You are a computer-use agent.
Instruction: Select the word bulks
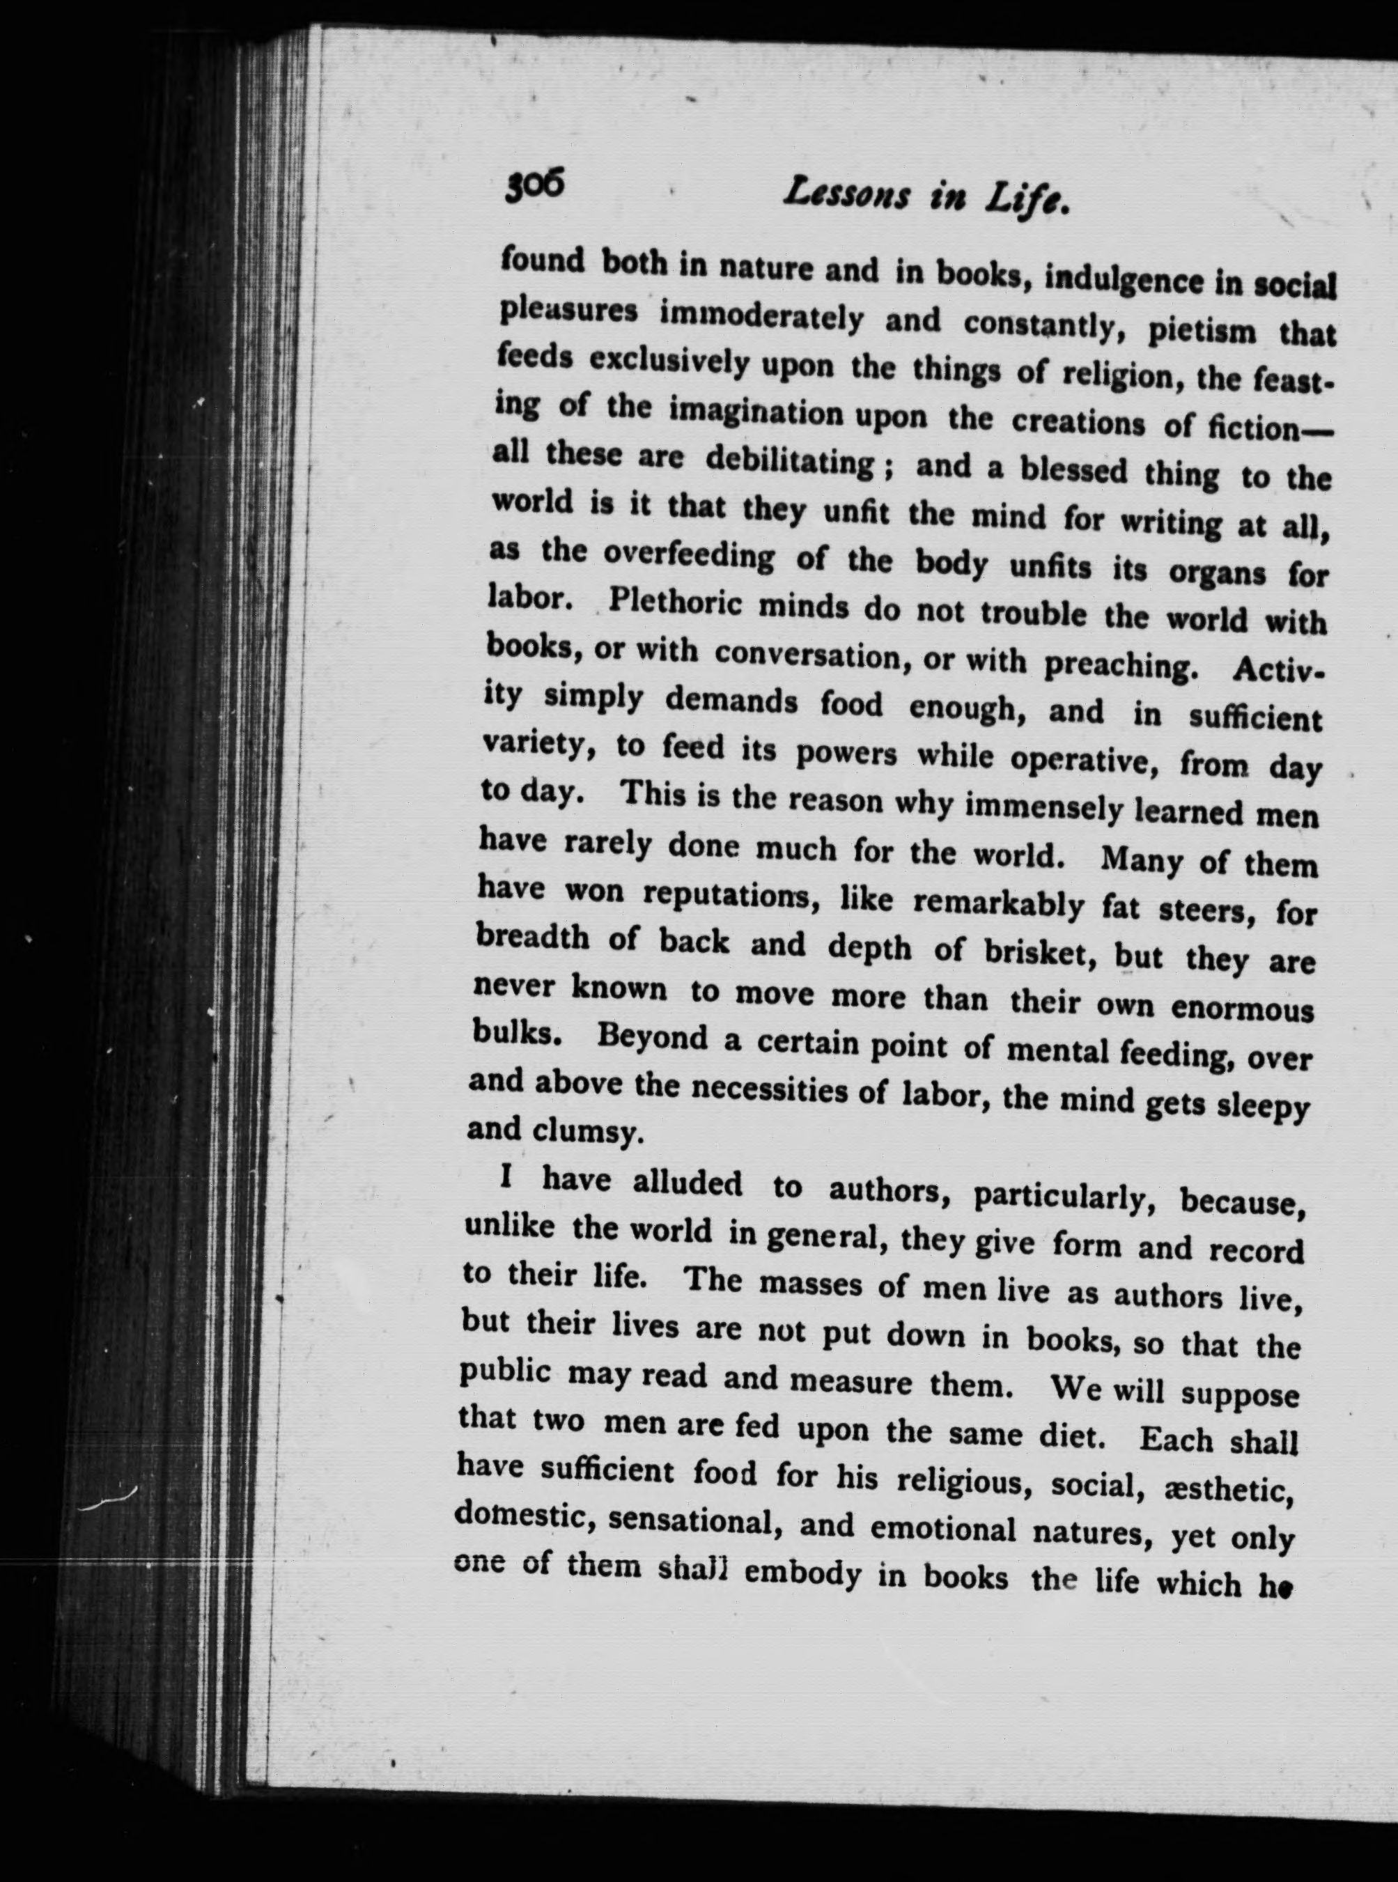(515, 1032)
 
